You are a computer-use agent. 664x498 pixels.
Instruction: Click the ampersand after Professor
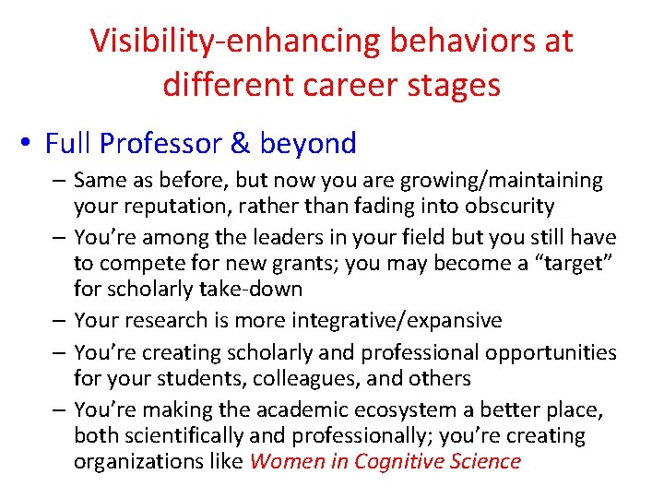(240, 144)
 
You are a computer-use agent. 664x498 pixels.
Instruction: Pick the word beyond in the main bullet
(308, 144)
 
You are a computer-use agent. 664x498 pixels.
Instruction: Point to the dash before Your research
(61, 320)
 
